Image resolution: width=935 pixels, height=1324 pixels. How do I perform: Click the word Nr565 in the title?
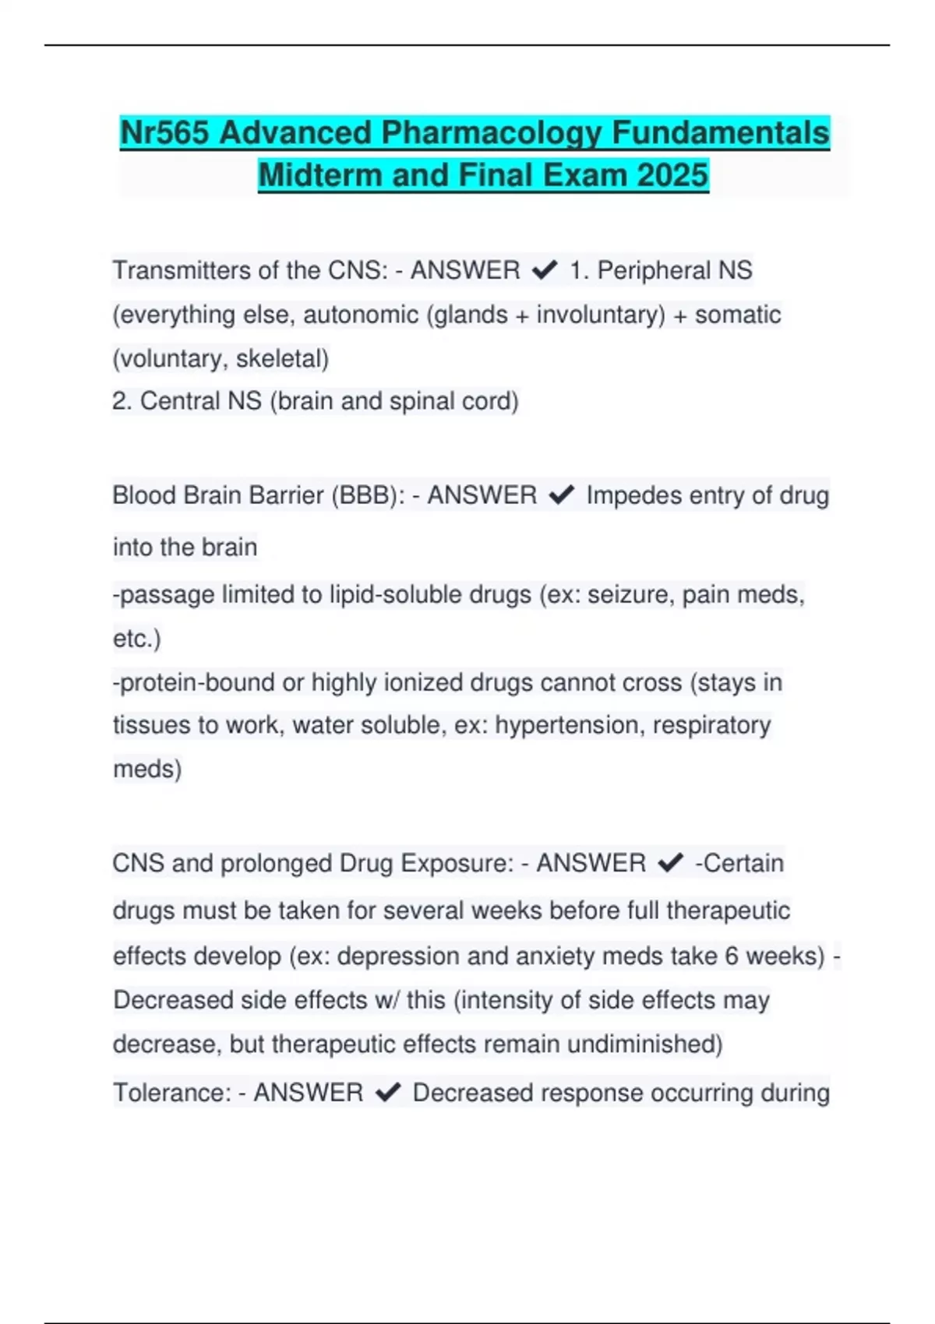164,132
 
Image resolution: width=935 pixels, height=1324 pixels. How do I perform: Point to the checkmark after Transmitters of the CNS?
544,270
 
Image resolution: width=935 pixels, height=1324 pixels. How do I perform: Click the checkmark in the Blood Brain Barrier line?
561,495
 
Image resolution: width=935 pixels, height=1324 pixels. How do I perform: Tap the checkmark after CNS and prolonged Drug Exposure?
670,863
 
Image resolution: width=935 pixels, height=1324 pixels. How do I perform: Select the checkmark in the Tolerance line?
388,1093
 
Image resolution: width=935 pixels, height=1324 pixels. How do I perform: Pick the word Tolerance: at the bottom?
171,1093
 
